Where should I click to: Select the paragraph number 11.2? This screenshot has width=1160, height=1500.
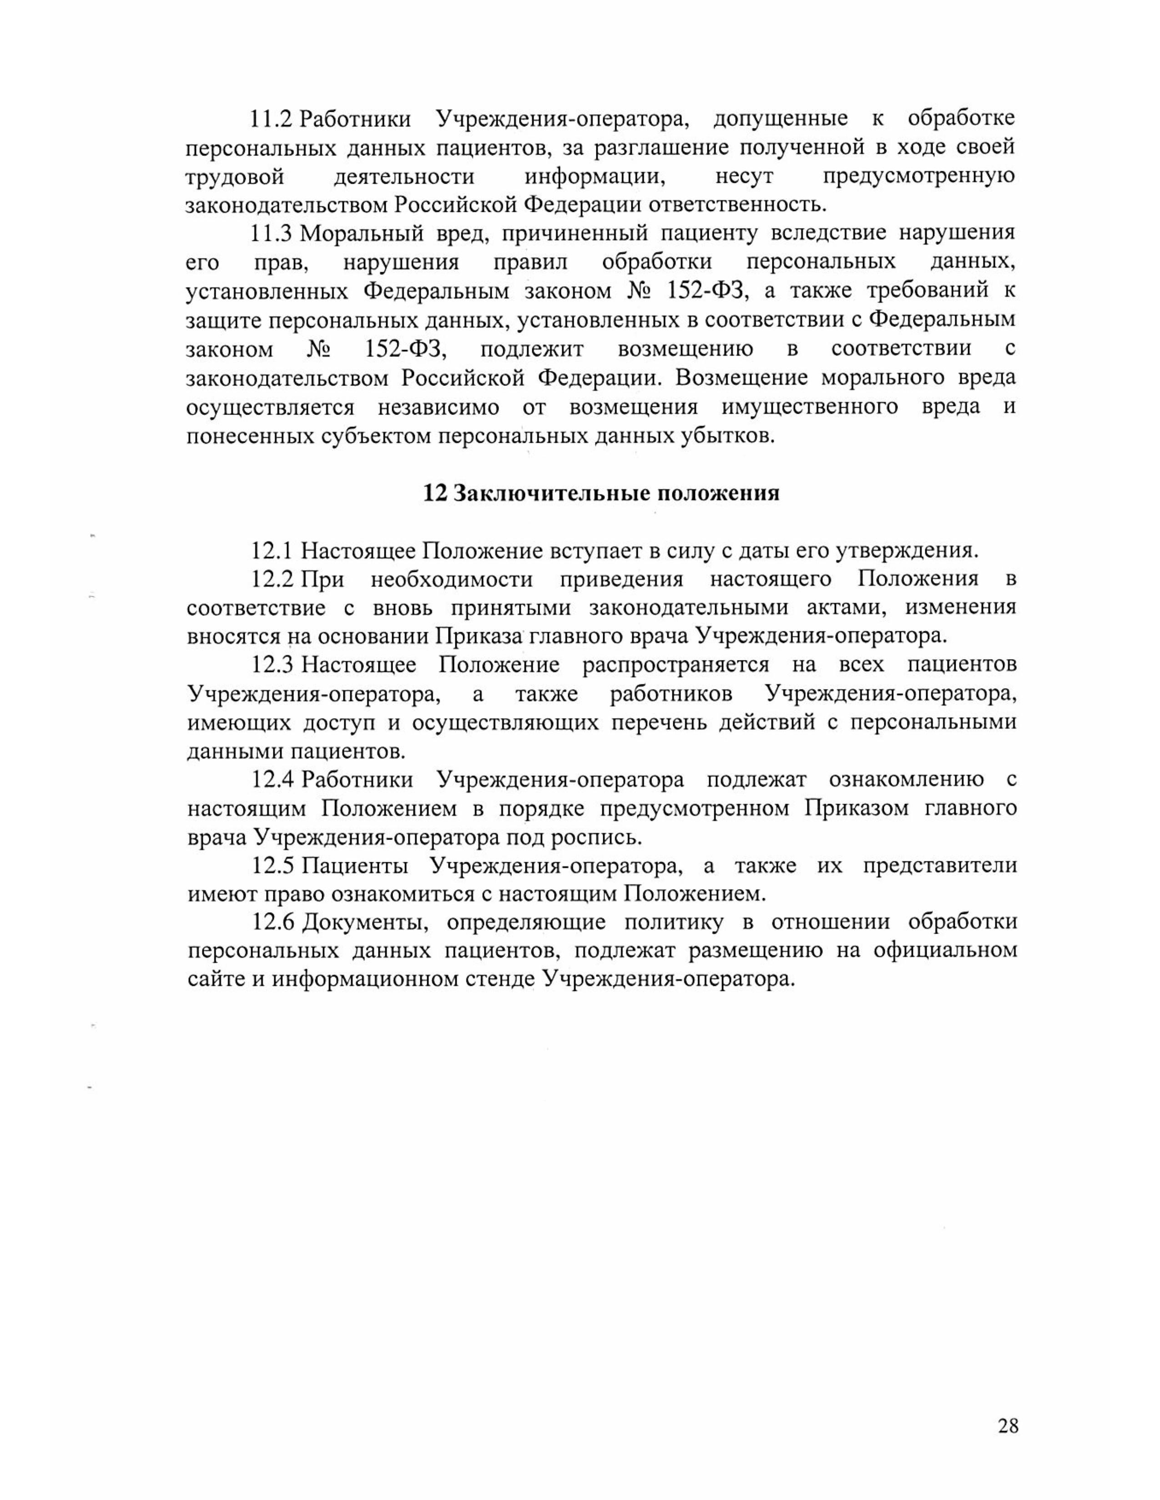(272, 119)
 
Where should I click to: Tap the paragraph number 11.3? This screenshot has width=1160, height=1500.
(272, 234)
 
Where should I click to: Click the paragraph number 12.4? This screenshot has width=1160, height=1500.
(273, 780)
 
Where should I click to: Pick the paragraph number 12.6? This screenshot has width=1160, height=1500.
(273, 922)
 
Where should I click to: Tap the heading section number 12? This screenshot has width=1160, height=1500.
(435, 493)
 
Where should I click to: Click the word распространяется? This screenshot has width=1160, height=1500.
(676, 665)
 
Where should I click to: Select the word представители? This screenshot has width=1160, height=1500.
(939, 865)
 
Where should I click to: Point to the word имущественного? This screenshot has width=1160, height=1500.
(810, 407)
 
